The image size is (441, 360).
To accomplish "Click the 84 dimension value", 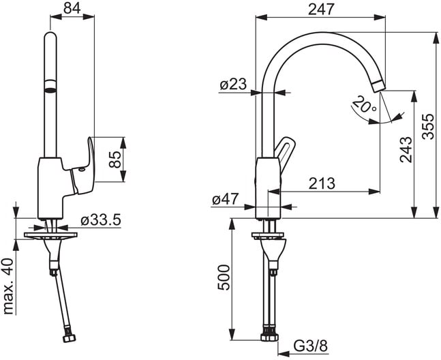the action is coord(72,8).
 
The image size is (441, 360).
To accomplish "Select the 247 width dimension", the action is coord(321,10).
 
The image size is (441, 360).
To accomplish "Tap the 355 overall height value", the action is coord(428,126).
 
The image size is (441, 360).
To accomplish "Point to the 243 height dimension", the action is coord(406,149).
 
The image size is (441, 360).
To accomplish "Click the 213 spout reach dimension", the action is coord(322,183).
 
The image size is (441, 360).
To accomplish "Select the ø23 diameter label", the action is coord(233,84).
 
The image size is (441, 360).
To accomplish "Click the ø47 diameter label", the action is coord(226,199).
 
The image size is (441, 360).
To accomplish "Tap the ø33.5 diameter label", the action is coord(101,220).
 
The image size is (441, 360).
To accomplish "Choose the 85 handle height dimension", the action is coord(115,159).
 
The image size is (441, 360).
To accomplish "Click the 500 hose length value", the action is coord(224,277).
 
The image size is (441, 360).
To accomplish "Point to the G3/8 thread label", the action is coord(311,346).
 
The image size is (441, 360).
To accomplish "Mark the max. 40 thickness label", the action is coord(9,286).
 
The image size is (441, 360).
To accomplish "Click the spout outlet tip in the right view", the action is coord(378,86).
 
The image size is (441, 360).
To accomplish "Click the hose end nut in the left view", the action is coord(69,337).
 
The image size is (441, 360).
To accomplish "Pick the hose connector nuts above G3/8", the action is coord(270,334).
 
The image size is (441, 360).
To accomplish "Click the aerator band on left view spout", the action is coord(50,85).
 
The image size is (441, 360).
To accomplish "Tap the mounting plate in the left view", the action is coord(50,236).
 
